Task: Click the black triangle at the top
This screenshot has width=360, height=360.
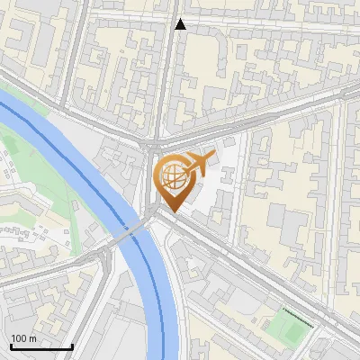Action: pos(180,24)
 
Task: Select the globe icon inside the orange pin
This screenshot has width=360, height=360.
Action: pos(176,179)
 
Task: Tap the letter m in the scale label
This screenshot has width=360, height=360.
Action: pos(34,338)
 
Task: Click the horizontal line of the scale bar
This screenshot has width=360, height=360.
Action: pos(41,347)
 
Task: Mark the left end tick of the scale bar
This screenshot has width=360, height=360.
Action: pos(11,346)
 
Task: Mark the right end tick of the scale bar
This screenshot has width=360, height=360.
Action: pos(72,346)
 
